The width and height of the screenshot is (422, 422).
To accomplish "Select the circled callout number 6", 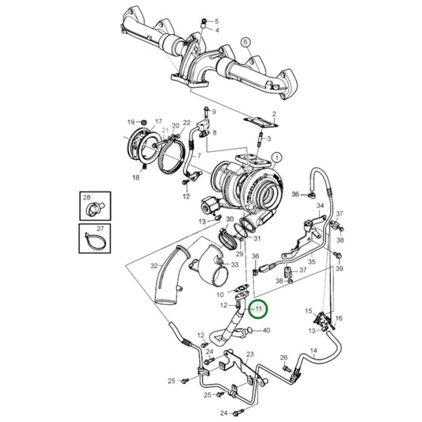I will click(245, 42).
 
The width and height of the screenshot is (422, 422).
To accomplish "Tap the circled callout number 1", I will click(277, 158).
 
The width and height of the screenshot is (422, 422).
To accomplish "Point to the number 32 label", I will click(155, 268).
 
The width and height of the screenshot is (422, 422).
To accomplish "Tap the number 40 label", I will click(266, 330).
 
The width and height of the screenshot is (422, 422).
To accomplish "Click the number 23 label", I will click(249, 355).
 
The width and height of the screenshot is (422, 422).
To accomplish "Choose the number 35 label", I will click(312, 261).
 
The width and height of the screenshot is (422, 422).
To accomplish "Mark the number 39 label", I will click(339, 269).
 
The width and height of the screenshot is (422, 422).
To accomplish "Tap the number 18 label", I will click(135, 178).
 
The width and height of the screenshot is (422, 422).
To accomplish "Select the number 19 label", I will click(131, 122).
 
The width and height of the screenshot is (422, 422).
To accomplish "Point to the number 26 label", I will click(283, 358).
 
